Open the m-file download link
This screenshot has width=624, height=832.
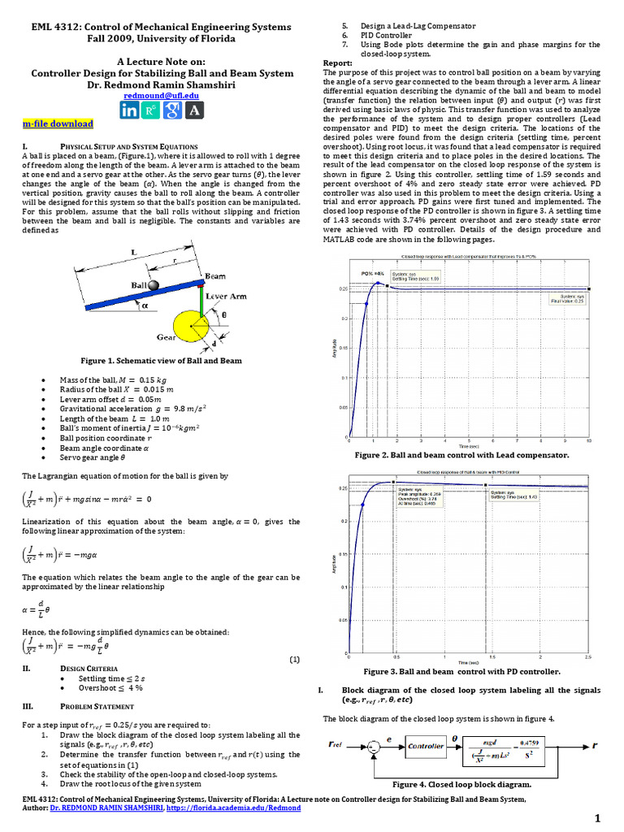[x=58, y=123]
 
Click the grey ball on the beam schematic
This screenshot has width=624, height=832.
[x=153, y=282]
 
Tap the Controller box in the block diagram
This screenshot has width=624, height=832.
[x=425, y=746]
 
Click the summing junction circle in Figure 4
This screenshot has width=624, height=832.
[x=374, y=746]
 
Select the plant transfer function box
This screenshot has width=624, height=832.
[x=511, y=746]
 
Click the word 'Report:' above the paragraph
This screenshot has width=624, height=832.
[x=338, y=63]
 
